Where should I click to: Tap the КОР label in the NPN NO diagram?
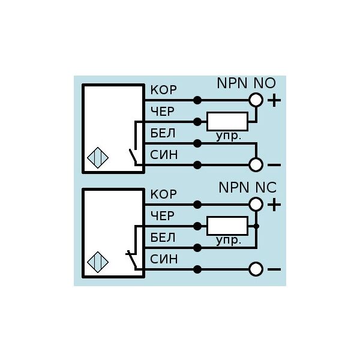163,91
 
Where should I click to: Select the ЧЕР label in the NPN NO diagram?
163,112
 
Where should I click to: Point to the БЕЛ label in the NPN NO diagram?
163,133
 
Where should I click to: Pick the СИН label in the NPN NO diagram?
163,155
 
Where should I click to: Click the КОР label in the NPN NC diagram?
163,195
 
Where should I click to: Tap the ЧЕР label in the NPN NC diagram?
163,216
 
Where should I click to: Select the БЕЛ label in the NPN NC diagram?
163,238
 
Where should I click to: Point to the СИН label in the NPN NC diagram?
163,259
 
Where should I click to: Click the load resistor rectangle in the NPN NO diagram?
227,121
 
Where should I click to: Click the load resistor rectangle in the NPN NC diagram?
227,226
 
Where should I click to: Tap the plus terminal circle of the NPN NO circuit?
256,100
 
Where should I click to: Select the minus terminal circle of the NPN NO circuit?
256,164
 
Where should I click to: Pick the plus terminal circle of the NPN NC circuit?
256,205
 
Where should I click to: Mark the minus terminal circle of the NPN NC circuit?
256,269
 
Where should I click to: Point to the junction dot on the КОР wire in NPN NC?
197,205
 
